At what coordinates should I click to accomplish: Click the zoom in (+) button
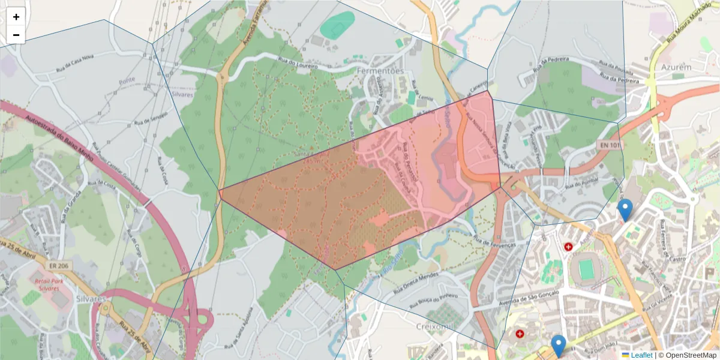click(16, 17)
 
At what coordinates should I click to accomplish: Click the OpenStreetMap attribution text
click(691, 355)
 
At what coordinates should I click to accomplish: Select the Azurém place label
click(677, 67)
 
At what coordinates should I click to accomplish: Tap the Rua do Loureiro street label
click(297, 62)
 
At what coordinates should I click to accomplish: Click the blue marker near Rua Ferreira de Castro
click(625, 209)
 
